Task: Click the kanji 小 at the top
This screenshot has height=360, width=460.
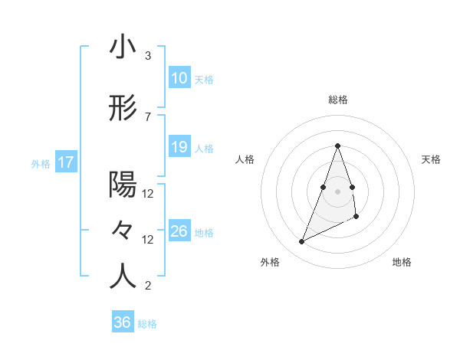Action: [123, 47]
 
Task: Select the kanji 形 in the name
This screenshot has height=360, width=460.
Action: [123, 108]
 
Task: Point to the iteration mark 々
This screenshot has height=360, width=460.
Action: [123, 231]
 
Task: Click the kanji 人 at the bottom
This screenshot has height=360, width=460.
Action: [123, 277]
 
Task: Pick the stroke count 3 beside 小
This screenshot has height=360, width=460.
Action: [148, 56]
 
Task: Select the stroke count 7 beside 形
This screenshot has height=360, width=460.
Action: [148, 116]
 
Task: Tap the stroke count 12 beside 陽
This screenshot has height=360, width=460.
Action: [148, 193]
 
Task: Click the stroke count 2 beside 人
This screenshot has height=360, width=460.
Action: [148, 286]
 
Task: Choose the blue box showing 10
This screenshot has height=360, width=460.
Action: [179, 78]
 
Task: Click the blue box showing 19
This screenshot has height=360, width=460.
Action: [179, 147]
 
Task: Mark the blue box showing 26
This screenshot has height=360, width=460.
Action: [179, 231]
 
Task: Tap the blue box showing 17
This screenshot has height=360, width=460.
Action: [65, 162]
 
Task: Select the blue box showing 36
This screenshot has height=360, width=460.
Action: [122, 322]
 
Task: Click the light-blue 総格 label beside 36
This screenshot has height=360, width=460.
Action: [147, 324]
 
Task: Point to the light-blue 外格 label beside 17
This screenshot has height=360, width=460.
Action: [41, 163]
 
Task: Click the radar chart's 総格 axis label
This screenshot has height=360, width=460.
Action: [337, 100]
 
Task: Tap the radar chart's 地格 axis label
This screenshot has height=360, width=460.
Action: [402, 263]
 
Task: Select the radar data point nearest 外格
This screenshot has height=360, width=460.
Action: [301, 242]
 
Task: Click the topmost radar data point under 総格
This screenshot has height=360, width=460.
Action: [337, 146]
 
